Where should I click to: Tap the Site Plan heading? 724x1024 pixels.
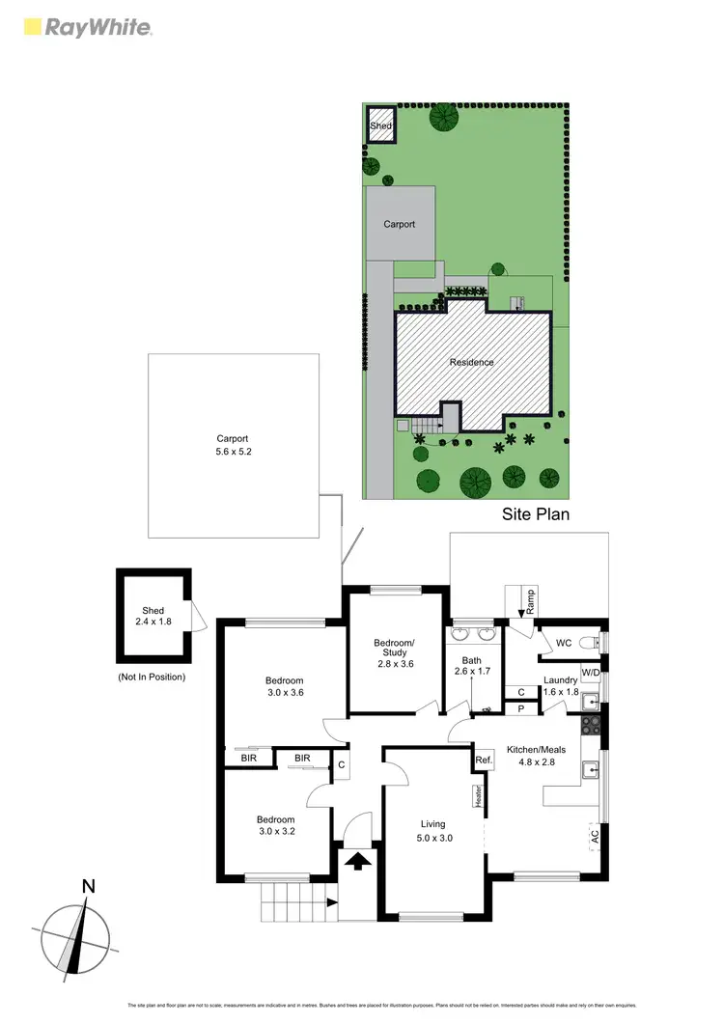[535, 514]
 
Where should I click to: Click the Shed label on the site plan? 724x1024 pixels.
[379, 125]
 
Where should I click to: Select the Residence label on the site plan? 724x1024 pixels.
[472, 363]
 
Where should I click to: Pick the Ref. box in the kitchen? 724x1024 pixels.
[484, 761]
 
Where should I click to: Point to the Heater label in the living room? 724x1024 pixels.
[478, 795]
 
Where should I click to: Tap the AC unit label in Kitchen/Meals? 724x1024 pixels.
[594, 836]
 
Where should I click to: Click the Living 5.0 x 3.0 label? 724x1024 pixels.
[432, 831]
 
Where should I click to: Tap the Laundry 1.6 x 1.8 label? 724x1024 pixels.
[560, 686]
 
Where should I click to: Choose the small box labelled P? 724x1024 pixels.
[521, 709]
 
